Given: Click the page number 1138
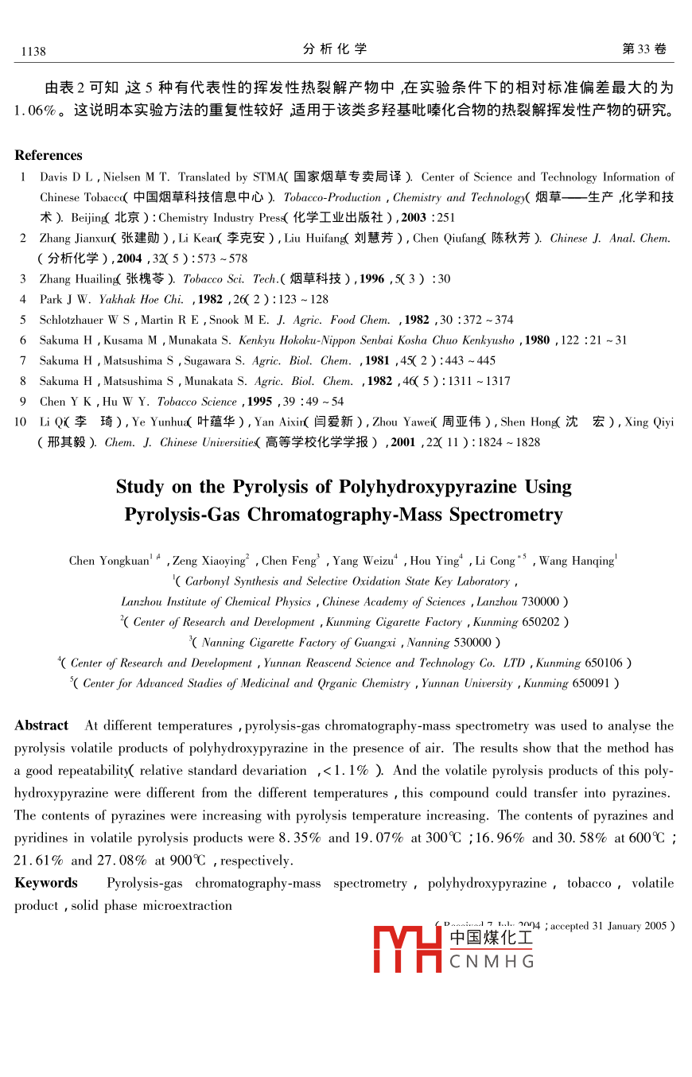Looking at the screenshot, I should [33, 52].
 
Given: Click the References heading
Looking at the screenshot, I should [49, 155].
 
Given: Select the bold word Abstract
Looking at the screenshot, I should [41, 725].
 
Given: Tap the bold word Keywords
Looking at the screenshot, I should [46, 883].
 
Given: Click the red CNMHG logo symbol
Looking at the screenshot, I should [407, 948].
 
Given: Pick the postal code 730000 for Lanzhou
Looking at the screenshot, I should [542, 602].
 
